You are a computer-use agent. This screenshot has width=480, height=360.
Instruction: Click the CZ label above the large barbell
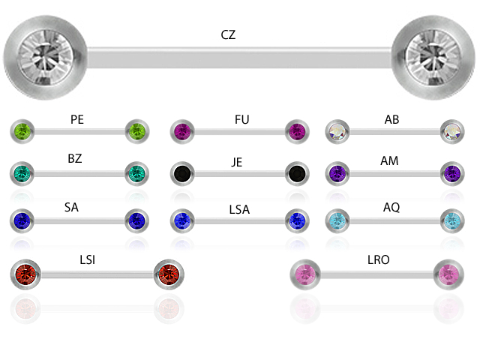[228, 35]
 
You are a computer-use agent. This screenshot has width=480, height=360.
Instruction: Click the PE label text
[77, 119]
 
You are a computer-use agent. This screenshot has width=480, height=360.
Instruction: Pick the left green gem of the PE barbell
[22, 132]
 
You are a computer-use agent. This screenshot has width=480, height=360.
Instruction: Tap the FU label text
[241, 120]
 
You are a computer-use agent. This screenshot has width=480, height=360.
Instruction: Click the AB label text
[391, 119]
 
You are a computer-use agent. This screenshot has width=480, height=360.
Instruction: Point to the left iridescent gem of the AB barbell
[337, 133]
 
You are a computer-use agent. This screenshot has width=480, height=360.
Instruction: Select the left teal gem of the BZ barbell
[22, 174]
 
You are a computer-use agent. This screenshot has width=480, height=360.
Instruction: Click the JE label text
[237, 162]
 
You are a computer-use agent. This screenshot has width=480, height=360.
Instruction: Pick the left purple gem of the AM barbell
[337, 174]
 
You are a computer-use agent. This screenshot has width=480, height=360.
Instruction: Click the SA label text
[71, 208]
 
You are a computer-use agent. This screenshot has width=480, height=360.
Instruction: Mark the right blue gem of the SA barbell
[136, 220]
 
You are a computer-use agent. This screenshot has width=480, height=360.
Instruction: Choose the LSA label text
[239, 209]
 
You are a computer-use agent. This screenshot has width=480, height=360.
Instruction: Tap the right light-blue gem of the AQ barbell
[452, 220]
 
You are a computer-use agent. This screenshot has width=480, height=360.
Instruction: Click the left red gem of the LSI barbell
[26, 274]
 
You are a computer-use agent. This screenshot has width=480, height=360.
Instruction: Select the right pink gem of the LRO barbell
[448, 274]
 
